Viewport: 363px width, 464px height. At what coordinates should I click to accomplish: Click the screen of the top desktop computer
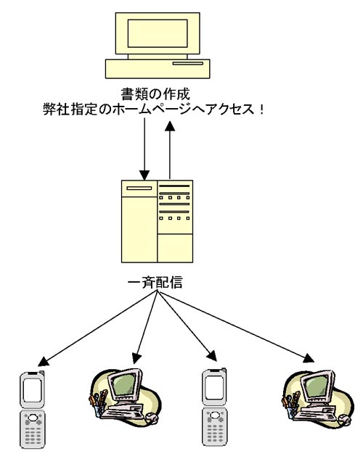pos(158,33)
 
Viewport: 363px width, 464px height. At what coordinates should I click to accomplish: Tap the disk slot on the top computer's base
pos(188,63)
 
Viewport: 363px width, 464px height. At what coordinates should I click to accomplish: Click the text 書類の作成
pos(155,94)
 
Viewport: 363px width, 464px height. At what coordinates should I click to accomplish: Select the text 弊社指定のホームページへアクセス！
pos(153,109)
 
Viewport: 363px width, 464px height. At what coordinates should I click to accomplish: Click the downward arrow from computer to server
pos(144,149)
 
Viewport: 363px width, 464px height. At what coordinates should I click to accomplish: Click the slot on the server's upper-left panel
pos(139,188)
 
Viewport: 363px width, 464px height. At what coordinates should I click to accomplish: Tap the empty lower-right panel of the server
pos(175,248)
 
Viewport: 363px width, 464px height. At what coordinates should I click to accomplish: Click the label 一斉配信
pos(155,282)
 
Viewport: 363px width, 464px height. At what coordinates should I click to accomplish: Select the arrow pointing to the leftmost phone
pos(98,328)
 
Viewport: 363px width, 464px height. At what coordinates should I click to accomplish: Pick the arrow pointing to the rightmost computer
pos(236,327)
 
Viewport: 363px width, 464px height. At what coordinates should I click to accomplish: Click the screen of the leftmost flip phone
pos(32,390)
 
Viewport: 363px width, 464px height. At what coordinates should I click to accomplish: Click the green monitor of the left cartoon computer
pos(124,385)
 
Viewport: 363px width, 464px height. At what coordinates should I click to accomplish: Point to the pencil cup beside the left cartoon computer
pos(98,405)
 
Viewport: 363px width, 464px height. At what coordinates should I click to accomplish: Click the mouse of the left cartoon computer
pos(152,418)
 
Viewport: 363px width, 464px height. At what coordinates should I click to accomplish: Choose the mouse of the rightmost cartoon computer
pos(344,419)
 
